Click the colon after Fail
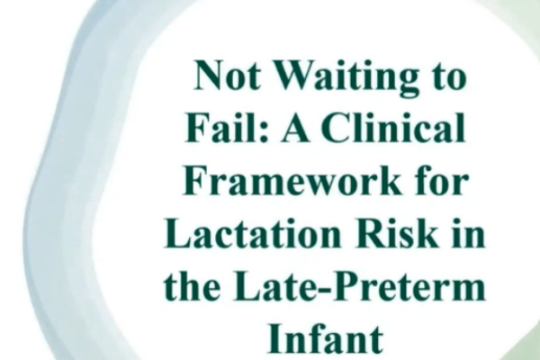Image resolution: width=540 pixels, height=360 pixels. coord(264,132)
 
